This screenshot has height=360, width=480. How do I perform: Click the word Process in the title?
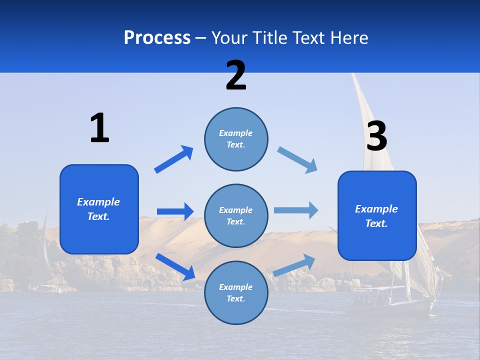(157, 38)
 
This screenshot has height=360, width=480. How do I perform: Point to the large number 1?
(99, 128)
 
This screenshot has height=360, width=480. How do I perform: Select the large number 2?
(236, 75)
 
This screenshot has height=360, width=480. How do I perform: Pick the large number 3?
(376, 136)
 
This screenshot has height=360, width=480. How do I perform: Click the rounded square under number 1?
(99, 209)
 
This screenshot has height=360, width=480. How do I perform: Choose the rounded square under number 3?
(377, 216)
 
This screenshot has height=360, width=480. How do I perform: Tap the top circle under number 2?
(236, 139)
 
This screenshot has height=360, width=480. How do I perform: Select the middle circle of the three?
(236, 215)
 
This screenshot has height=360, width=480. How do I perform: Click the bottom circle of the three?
(236, 292)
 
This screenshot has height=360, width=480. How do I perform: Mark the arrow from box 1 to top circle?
(174, 159)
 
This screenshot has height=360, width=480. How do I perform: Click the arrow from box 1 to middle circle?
(175, 211)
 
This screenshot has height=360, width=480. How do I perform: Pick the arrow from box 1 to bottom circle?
(175, 266)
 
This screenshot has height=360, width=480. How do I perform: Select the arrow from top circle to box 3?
(297, 159)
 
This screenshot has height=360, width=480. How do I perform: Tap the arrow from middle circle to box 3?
(296, 210)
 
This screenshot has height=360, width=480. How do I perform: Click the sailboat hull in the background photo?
(390, 306)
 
